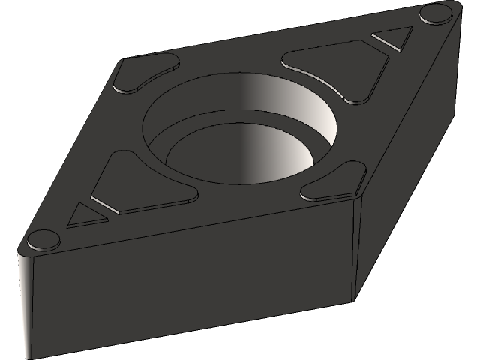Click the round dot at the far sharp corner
pos(433,13)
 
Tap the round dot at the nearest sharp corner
pos(43,240)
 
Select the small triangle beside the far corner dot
pos(394,38)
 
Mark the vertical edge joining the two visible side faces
pos(355,247)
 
